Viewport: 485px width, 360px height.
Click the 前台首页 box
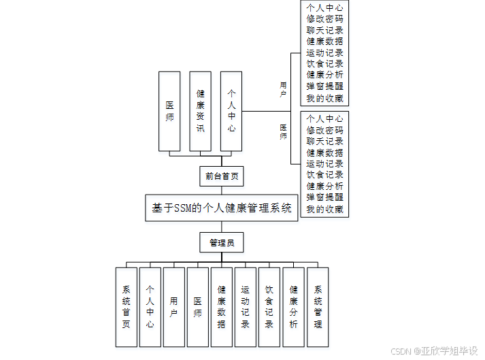[x=221, y=176]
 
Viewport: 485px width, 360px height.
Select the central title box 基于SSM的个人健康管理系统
[x=221, y=208]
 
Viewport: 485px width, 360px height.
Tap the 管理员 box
[x=221, y=243]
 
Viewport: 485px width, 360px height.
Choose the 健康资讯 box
[x=200, y=111]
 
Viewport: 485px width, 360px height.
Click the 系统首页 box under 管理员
[x=126, y=307]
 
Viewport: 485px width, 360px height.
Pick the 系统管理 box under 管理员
[x=318, y=307]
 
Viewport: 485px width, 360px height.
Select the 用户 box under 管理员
[x=173, y=307]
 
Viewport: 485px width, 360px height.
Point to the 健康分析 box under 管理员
[x=293, y=307]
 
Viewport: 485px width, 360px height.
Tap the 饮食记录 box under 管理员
[x=269, y=307]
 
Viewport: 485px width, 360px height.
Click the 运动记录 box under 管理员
[x=245, y=307]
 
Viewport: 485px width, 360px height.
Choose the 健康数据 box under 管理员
[x=221, y=307]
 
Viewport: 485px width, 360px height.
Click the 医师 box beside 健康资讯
[x=169, y=111]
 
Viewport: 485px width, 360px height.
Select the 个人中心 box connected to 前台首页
[x=231, y=111]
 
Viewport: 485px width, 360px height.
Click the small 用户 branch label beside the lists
[x=283, y=90]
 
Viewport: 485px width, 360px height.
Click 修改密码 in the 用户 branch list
[x=324, y=18]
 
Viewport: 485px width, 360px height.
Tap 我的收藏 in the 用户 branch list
[x=324, y=98]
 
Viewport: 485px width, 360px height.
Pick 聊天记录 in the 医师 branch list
[x=324, y=141]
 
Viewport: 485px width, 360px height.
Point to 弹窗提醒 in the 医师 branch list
[x=324, y=197]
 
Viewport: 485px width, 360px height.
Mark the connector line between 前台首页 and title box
[x=221, y=191]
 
